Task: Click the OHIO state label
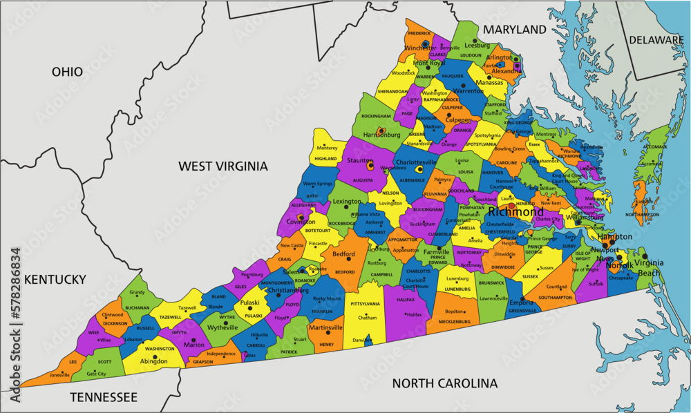pyautogui.click(x=67, y=72)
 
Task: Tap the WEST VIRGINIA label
pyautogui.click(x=223, y=166)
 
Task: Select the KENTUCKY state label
pyautogui.click(x=55, y=279)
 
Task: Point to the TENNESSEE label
pyautogui.click(x=103, y=397)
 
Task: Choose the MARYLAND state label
pyautogui.click(x=514, y=30)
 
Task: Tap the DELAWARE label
pyautogui.click(x=656, y=41)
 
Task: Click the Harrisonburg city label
pyautogui.click(x=382, y=135)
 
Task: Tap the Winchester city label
pyautogui.click(x=420, y=48)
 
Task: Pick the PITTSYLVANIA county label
pyautogui.click(x=365, y=304)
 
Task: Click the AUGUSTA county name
pyautogui.click(x=363, y=179)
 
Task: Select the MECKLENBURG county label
pyautogui.click(x=455, y=321)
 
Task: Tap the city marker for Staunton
pyautogui.click(x=370, y=166)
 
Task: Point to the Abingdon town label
pyautogui.click(x=153, y=361)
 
